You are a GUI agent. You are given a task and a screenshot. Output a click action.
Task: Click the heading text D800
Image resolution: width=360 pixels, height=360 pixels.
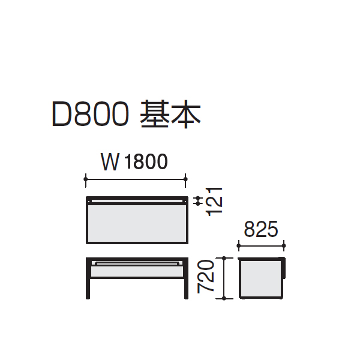click(x=90, y=114)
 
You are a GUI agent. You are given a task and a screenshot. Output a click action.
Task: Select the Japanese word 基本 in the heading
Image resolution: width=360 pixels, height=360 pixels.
click(x=170, y=114)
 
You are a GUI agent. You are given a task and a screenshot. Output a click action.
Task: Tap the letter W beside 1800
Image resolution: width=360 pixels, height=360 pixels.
click(x=110, y=162)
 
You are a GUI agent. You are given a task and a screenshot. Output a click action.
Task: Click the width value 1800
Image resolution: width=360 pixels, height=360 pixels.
click(x=146, y=162)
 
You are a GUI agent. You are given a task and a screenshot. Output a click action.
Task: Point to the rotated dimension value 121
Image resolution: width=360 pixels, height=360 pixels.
click(x=214, y=202)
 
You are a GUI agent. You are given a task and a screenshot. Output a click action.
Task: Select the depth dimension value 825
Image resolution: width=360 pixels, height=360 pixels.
click(x=261, y=229)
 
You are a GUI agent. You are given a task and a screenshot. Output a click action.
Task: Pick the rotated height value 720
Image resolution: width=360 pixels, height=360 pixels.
click(x=205, y=277)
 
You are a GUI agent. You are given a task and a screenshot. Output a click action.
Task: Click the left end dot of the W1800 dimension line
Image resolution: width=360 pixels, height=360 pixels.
click(x=86, y=179)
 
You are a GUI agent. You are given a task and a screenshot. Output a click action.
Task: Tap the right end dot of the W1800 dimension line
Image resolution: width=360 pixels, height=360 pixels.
click(x=185, y=179)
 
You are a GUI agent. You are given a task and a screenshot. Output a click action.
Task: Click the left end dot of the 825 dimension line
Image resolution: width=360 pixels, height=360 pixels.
click(x=239, y=246)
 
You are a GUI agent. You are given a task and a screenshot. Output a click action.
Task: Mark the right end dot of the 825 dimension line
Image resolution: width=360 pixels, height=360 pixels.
click(x=284, y=246)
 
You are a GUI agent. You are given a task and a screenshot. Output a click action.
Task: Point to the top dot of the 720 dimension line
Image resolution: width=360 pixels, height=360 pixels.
click(x=224, y=258)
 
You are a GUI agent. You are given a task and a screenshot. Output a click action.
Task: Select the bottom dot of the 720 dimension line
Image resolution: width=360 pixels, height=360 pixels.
click(x=224, y=298)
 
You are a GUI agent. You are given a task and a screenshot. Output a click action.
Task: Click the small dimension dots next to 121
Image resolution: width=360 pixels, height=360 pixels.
click(x=199, y=200)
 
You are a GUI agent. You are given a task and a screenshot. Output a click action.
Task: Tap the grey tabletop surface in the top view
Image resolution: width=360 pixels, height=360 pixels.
click(x=137, y=223)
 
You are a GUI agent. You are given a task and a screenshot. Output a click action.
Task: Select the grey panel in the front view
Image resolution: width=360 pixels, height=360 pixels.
click(x=137, y=271)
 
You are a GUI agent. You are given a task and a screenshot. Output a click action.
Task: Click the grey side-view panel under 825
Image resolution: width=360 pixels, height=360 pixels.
click(x=260, y=278)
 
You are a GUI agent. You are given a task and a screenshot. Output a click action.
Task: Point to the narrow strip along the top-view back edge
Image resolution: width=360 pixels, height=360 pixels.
click(x=137, y=202)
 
